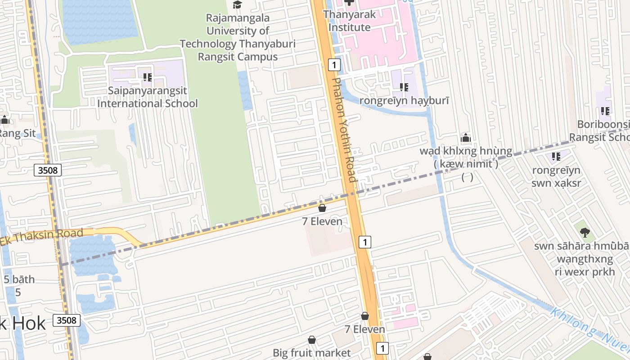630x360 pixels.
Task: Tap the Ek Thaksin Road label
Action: (42, 237)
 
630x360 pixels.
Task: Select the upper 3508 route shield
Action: (47, 170)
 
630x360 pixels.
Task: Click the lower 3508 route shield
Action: (67, 320)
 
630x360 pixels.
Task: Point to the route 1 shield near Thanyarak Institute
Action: (333, 65)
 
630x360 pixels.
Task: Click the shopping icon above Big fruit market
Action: (311, 340)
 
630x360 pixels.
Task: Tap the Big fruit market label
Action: (311, 352)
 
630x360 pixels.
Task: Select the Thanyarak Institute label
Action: (349, 21)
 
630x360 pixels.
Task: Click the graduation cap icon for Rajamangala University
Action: (237, 5)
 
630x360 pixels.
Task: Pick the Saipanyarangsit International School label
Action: (148, 97)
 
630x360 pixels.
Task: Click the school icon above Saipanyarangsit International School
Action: (148, 78)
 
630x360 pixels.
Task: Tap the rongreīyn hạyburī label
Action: (404, 101)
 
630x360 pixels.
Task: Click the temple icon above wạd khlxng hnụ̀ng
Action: (466, 138)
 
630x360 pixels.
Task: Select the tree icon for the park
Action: (585, 233)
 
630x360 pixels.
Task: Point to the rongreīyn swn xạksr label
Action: (556, 177)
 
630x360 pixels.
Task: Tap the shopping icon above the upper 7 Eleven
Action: (322, 208)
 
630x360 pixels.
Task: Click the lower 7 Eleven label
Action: (365, 329)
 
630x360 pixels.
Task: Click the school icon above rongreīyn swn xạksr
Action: (556, 157)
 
